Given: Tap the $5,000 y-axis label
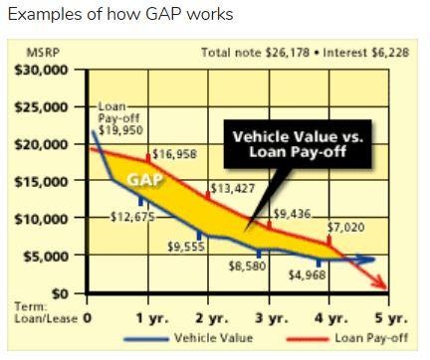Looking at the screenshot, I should tap(46, 257).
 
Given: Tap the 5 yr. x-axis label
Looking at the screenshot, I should tap(391, 318).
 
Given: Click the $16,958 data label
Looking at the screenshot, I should tap(174, 154).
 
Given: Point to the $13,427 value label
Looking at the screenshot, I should tap(232, 188).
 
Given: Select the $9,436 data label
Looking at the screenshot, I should tap(293, 213).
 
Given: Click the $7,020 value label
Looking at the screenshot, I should tap(347, 227).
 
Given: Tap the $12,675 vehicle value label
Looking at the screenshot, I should tap(131, 218).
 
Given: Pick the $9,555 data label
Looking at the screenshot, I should tap(186, 246).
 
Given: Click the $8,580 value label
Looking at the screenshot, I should tap(248, 267).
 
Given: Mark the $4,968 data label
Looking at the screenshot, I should tap(308, 275).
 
